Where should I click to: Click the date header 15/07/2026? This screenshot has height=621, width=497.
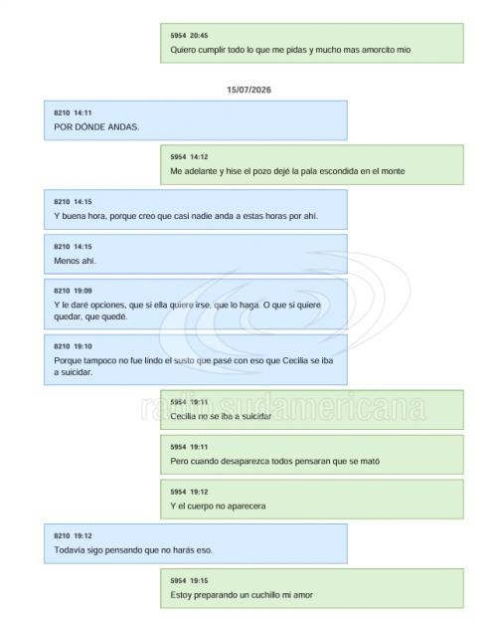[248, 90]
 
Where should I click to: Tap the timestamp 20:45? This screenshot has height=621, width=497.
[199, 36]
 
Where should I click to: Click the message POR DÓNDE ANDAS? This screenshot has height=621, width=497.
[96, 127]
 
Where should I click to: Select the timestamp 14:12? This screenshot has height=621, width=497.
[199, 157]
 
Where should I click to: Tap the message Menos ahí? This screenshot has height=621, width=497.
[75, 261]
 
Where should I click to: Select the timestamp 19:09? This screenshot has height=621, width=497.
[83, 291]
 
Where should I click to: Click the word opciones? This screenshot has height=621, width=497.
[107, 306]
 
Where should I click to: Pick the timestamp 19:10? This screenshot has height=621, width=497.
[83, 346]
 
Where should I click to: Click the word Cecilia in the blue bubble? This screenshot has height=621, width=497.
[295, 361]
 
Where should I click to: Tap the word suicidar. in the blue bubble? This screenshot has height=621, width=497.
[77, 372]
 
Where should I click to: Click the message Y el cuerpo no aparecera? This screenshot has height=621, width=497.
[218, 507]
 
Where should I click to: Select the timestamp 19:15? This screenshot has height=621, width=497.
[199, 581]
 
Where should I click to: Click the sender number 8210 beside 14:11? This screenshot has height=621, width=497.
[62, 112]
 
